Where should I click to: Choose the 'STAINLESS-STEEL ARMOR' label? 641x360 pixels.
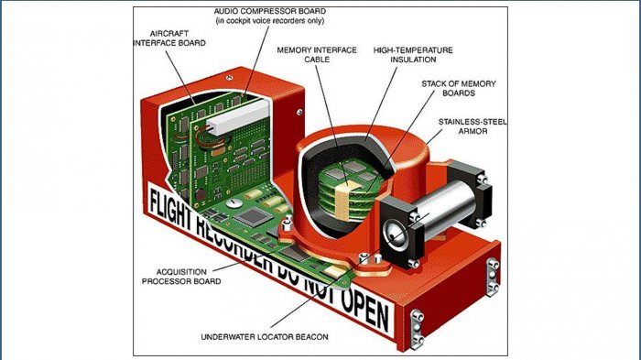click(x=470, y=126)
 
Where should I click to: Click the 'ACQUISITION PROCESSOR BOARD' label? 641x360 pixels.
click(x=179, y=277)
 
